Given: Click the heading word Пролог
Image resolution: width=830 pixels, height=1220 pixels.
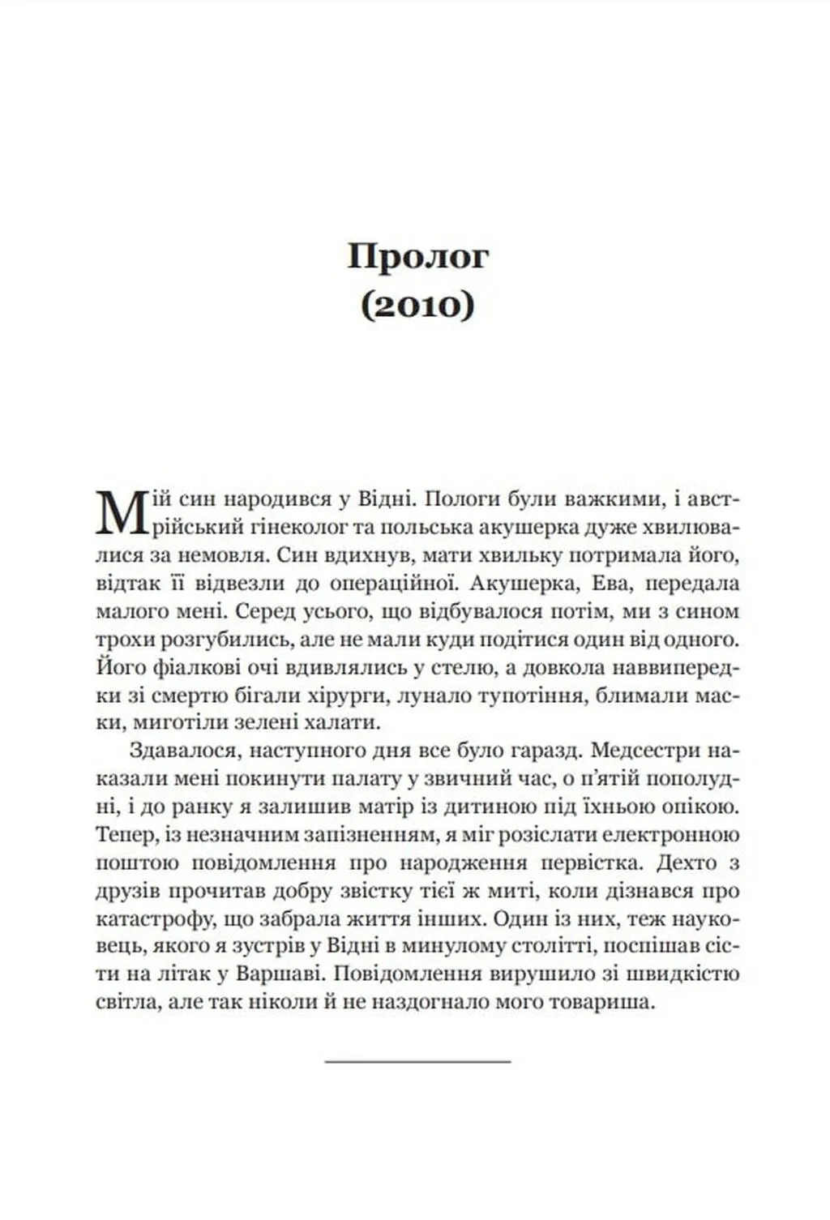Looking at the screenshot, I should point(418,256).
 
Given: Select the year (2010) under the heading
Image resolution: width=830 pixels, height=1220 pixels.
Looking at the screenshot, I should point(417,307).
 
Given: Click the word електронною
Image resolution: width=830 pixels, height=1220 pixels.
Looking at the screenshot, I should point(670,834).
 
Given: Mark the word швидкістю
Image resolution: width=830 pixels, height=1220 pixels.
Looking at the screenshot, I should point(681,974).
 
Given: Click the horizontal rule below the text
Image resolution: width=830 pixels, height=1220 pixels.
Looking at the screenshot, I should point(417,1060).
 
